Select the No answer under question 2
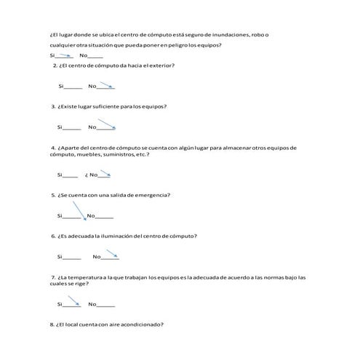(92, 87)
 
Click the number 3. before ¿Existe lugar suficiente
(53, 107)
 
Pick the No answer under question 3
(92, 128)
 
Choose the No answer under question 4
(94, 175)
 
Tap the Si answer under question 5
(60, 216)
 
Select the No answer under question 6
(97, 257)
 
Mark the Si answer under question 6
(60, 257)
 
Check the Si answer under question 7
(60, 304)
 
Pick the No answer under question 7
(92, 304)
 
